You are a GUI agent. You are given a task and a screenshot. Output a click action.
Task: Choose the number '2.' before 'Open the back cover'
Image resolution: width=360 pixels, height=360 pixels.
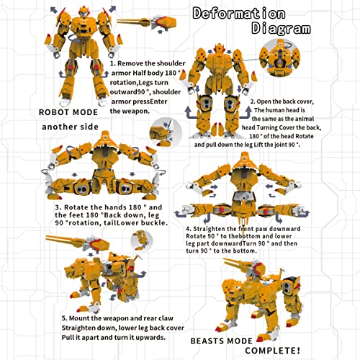point(253,102)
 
